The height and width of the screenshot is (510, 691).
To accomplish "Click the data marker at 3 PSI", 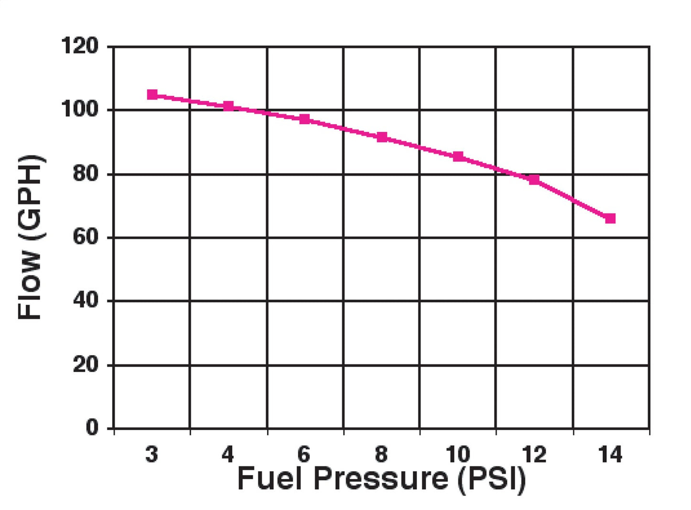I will tap(152, 95).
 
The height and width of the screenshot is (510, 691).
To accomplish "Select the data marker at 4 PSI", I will tap(229, 106).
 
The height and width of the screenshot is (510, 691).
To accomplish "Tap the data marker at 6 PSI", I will tap(305, 119).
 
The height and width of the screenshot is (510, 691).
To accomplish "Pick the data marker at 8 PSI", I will tap(382, 137).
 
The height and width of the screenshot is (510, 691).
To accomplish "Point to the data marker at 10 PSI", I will tap(458, 156).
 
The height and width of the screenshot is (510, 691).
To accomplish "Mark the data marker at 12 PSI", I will tap(534, 179).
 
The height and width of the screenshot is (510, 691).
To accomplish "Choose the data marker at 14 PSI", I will tap(610, 218).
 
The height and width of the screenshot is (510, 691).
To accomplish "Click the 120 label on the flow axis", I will tap(80, 46).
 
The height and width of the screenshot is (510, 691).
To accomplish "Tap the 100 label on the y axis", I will tap(80, 109).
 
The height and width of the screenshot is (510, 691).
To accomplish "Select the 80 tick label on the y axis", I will tap(86, 174).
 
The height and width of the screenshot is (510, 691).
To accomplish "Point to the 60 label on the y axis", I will tap(86, 237).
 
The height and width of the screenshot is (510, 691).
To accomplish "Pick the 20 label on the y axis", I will tap(86, 365).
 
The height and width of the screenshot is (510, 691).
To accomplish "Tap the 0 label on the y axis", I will tap(92, 427).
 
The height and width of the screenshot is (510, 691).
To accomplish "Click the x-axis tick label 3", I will tap(152, 454).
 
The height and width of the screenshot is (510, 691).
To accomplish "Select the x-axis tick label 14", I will tap(610, 454).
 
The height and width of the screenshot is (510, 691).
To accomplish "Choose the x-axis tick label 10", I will tap(458, 454).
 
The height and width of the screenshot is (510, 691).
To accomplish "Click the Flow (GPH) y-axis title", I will tap(31, 237).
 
